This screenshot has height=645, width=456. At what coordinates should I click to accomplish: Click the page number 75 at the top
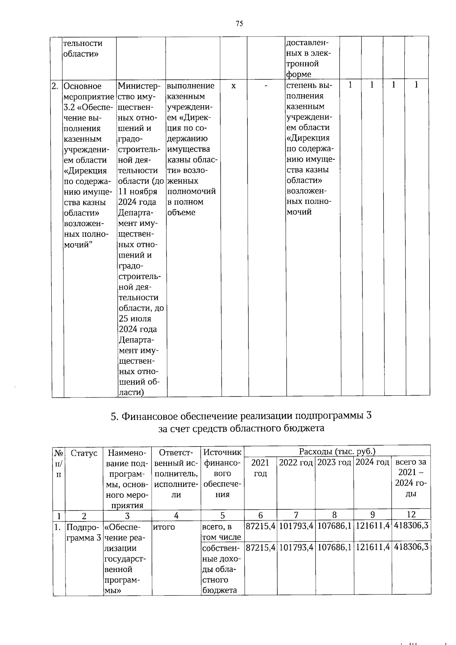click(239, 24)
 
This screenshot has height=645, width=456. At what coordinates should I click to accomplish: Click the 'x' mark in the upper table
click(233, 86)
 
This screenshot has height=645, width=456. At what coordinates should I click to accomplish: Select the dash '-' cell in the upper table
click(266, 86)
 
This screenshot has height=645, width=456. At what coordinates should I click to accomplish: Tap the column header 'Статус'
click(84, 453)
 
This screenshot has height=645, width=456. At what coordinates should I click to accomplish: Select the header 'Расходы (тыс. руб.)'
click(337, 451)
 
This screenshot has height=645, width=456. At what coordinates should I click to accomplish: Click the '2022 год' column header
click(296, 463)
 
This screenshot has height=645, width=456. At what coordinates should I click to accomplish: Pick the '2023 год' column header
click(334, 463)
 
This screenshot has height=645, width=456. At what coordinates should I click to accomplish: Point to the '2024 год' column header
click(372, 463)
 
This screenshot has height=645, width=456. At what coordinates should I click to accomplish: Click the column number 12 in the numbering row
click(411, 515)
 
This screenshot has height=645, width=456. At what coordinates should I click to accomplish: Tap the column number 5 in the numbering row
click(222, 515)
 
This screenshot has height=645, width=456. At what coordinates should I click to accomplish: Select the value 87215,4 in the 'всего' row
click(260, 526)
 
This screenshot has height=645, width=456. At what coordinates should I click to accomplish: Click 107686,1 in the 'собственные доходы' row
click(334, 547)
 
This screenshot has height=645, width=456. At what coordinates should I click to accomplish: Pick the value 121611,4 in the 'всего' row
click(372, 526)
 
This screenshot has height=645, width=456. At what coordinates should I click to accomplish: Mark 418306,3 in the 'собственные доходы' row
click(411, 547)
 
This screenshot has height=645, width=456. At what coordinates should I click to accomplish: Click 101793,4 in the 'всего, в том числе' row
click(296, 526)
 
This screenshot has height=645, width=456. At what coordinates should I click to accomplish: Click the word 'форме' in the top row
click(298, 74)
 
